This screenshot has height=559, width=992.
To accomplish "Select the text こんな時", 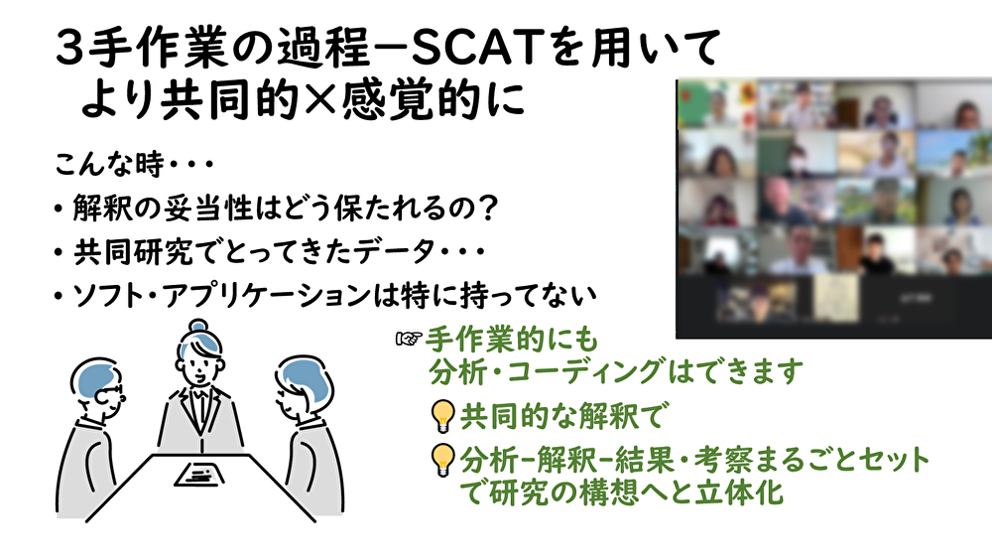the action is click(109, 164).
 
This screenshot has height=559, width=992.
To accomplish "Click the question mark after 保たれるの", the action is click(487, 208).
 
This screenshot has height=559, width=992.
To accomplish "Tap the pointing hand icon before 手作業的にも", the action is click(408, 340).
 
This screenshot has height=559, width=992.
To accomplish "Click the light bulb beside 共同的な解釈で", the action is click(442, 416).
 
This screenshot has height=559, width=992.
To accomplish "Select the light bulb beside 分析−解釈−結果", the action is click(442, 461).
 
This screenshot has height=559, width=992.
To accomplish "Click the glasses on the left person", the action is click(108, 394).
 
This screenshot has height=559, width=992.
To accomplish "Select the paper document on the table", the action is click(198, 475).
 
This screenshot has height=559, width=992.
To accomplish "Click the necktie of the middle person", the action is click(200, 405).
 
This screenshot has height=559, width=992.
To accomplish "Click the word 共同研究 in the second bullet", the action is click(133, 251).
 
